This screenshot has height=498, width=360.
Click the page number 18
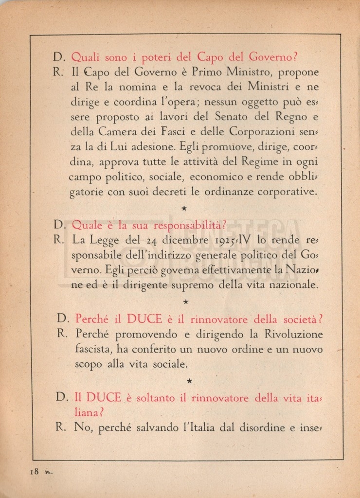(x=34, y=471)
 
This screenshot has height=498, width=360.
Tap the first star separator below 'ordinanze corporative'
(x=184, y=208)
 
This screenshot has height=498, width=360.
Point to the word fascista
(x=96, y=349)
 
